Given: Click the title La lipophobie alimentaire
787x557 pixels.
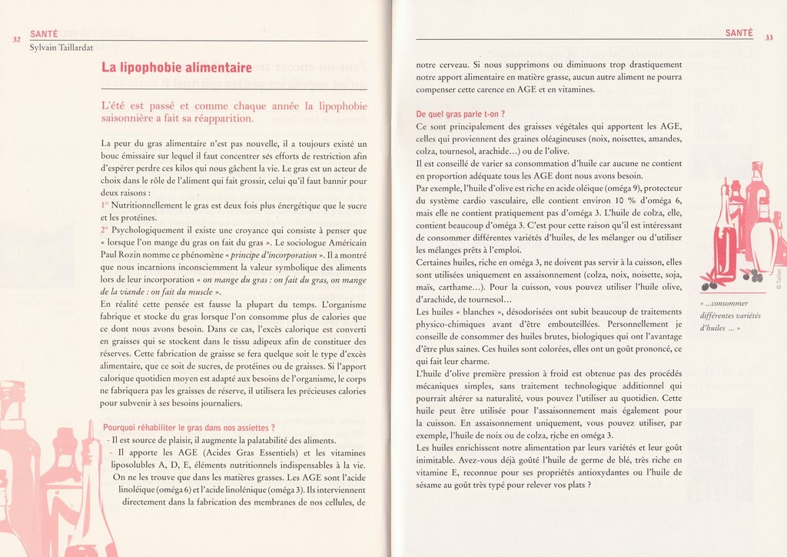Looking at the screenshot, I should click(x=176, y=68).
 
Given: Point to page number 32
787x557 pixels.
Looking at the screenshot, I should click(x=17, y=40).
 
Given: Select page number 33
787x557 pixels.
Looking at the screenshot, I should click(x=769, y=38).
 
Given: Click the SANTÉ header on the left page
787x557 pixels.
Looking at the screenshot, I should click(x=44, y=34).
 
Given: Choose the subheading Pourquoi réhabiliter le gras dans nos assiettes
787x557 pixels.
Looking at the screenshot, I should click(x=188, y=427).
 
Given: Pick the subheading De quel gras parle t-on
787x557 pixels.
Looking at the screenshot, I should click(x=460, y=114).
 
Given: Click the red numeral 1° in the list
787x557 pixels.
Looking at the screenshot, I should click(x=105, y=206).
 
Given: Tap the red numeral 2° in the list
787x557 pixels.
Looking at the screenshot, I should click(x=105, y=230).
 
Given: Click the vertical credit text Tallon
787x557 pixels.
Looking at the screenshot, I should click(x=778, y=285).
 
